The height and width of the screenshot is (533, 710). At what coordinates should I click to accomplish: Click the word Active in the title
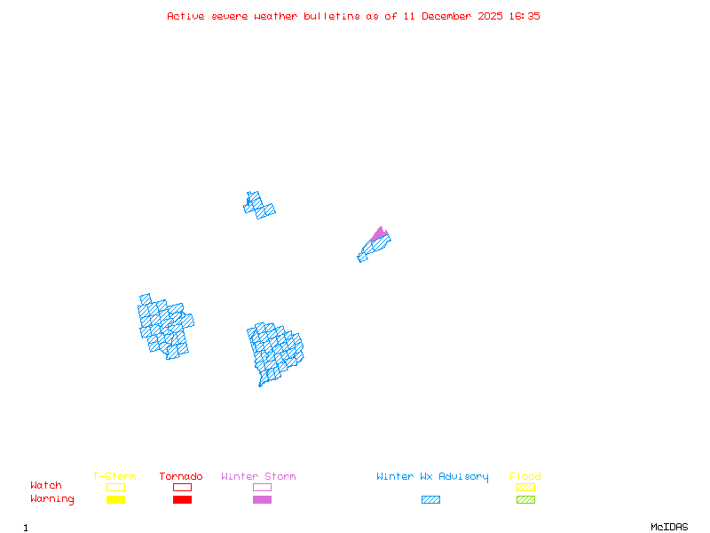pos(186,16)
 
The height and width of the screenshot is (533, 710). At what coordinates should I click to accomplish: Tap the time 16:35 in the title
pos(524,16)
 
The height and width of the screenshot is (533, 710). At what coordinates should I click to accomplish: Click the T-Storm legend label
pos(114,477)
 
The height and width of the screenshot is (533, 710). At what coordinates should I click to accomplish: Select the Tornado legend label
pos(181,477)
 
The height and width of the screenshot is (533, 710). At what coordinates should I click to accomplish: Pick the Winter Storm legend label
pos(258,477)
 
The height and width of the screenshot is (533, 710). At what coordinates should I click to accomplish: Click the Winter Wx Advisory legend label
pos(432,477)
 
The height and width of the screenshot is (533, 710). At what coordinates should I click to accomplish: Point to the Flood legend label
pos(525,477)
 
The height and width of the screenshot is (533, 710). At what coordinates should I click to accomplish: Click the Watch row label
pos(46,486)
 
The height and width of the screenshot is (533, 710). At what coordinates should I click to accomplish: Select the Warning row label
pos(52,499)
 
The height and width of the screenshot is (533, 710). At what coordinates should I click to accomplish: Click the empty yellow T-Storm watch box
pos(115,487)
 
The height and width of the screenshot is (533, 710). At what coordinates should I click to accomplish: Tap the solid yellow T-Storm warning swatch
pos(115,500)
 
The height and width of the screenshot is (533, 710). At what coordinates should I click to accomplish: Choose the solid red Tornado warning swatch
pos(182,500)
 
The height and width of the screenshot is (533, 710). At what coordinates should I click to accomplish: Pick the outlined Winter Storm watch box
pos(262,487)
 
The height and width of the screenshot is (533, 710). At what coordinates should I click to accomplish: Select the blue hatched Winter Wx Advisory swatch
pos(430,500)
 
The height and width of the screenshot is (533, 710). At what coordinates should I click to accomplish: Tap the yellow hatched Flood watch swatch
pos(525,487)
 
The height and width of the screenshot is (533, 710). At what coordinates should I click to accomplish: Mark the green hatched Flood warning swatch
pos(525,500)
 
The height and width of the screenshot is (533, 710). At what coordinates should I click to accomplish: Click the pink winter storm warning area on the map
pos(380,234)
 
